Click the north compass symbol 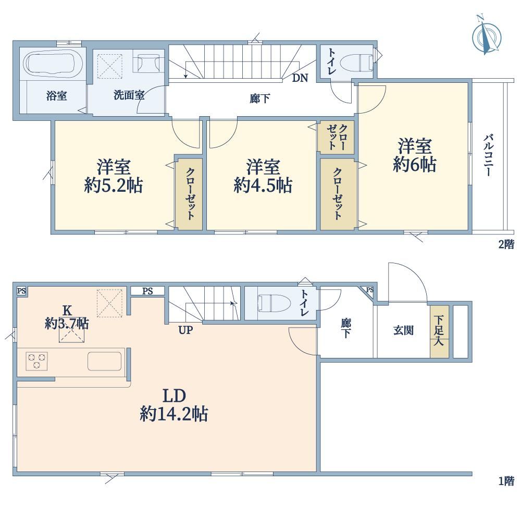pyautogui.click(x=487, y=38)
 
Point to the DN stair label pyautogui.click(x=300, y=78)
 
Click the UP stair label pyautogui.click(x=185, y=330)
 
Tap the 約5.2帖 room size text pyautogui.click(x=114, y=185)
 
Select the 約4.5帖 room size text pyautogui.click(x=263, y=185)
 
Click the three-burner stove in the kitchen pyautogui.click(x=36, y=361)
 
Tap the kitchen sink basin pyautogui.click(x=104, y=361)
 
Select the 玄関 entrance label pyautogui.click(x=403, y=330)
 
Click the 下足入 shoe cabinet pyautogui.click(x=439, y=331)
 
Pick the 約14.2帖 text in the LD pyautogui.click(x=174, y=414)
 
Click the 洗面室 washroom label pyautogui.click(x=129, y=95)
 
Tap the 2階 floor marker pyautogui.click(x=506, y=244)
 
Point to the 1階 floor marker pyautogui.click(x=506, y=481)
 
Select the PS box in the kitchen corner pyautogui.click(x=21, y=291)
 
